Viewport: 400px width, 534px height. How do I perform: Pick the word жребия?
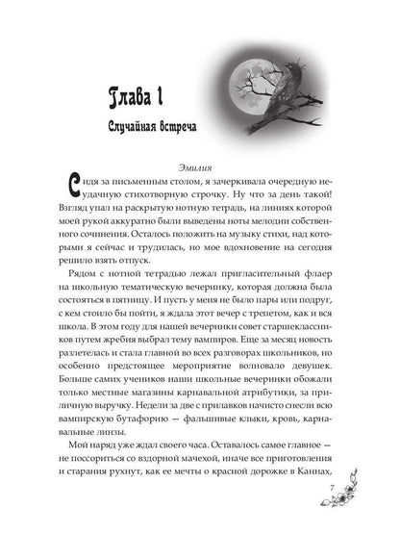[170, 359]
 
